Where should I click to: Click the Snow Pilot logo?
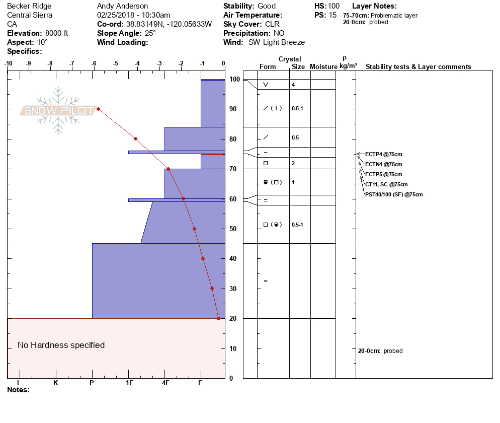click(58, 110)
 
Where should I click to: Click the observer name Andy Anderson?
click(123, 6)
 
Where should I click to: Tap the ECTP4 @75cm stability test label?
click(383, 154)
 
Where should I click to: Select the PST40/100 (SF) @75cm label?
click(394, 194)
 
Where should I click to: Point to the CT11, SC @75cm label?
click(386, 184)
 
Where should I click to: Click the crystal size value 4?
click(293, 85)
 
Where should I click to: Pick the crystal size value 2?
click(293, 163)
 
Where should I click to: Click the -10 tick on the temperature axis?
click(8, 63)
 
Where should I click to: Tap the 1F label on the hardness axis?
click(129, 383)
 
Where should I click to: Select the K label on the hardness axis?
click(56, 383)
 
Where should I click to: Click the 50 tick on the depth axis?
click(233, 229)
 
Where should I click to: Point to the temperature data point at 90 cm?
click(98, 109)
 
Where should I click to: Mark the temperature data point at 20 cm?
click(218, 318)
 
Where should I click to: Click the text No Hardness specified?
click(61, 345)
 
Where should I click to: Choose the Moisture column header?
click(323, 67)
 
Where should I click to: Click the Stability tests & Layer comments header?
click(418, 67)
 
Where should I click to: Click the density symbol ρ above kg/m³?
click(345, 58)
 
